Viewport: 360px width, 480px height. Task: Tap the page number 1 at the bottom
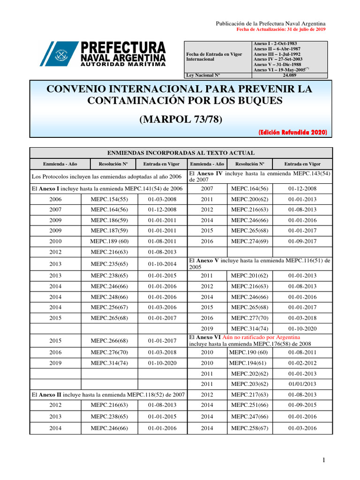pyautogui.click(x=323, y=461)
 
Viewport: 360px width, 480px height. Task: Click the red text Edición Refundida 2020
pyautogui.click(x=292, y=132)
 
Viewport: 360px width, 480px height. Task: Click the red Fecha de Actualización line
pyautogui.click(x=281, y=29)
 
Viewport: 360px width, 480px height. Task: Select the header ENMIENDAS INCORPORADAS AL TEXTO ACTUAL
pyautogui.click(x=181, y=153)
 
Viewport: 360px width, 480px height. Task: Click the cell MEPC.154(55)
pyautogui.click(x=108, y=199)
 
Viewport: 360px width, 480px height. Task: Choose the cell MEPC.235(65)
pyautogui.click(x=108, y=264)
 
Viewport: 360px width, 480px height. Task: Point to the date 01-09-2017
pyautogui.click(x=302, y=241)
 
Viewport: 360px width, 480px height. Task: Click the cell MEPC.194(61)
pyautogui.click(x=247, y=363)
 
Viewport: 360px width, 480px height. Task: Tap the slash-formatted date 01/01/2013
pyautogui.click(x=302, y=384)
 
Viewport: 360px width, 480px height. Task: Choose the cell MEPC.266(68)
pyautogui.click(x=108, y=341)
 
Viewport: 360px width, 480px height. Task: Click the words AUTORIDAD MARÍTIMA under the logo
pyautogui.click(x=123, y=64)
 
